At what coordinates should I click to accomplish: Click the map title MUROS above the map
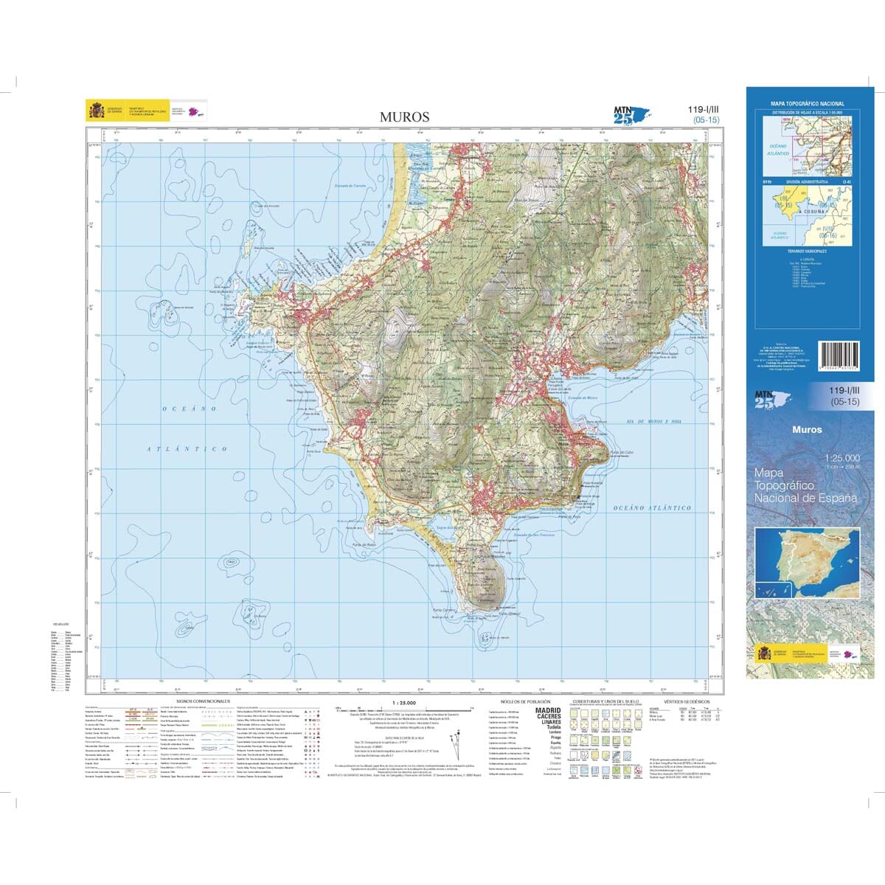click(404, 116)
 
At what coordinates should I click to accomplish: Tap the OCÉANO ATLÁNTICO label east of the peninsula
click(651, 508)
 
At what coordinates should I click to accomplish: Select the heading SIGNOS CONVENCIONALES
click(203, 701)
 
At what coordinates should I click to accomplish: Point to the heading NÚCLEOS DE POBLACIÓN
click(521, 701)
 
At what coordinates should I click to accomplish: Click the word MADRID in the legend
click(548, 710)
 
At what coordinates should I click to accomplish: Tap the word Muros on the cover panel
click(806, 429)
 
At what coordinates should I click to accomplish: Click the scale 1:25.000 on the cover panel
click(844, 458)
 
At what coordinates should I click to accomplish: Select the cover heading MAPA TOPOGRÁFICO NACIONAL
click(808, 103)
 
